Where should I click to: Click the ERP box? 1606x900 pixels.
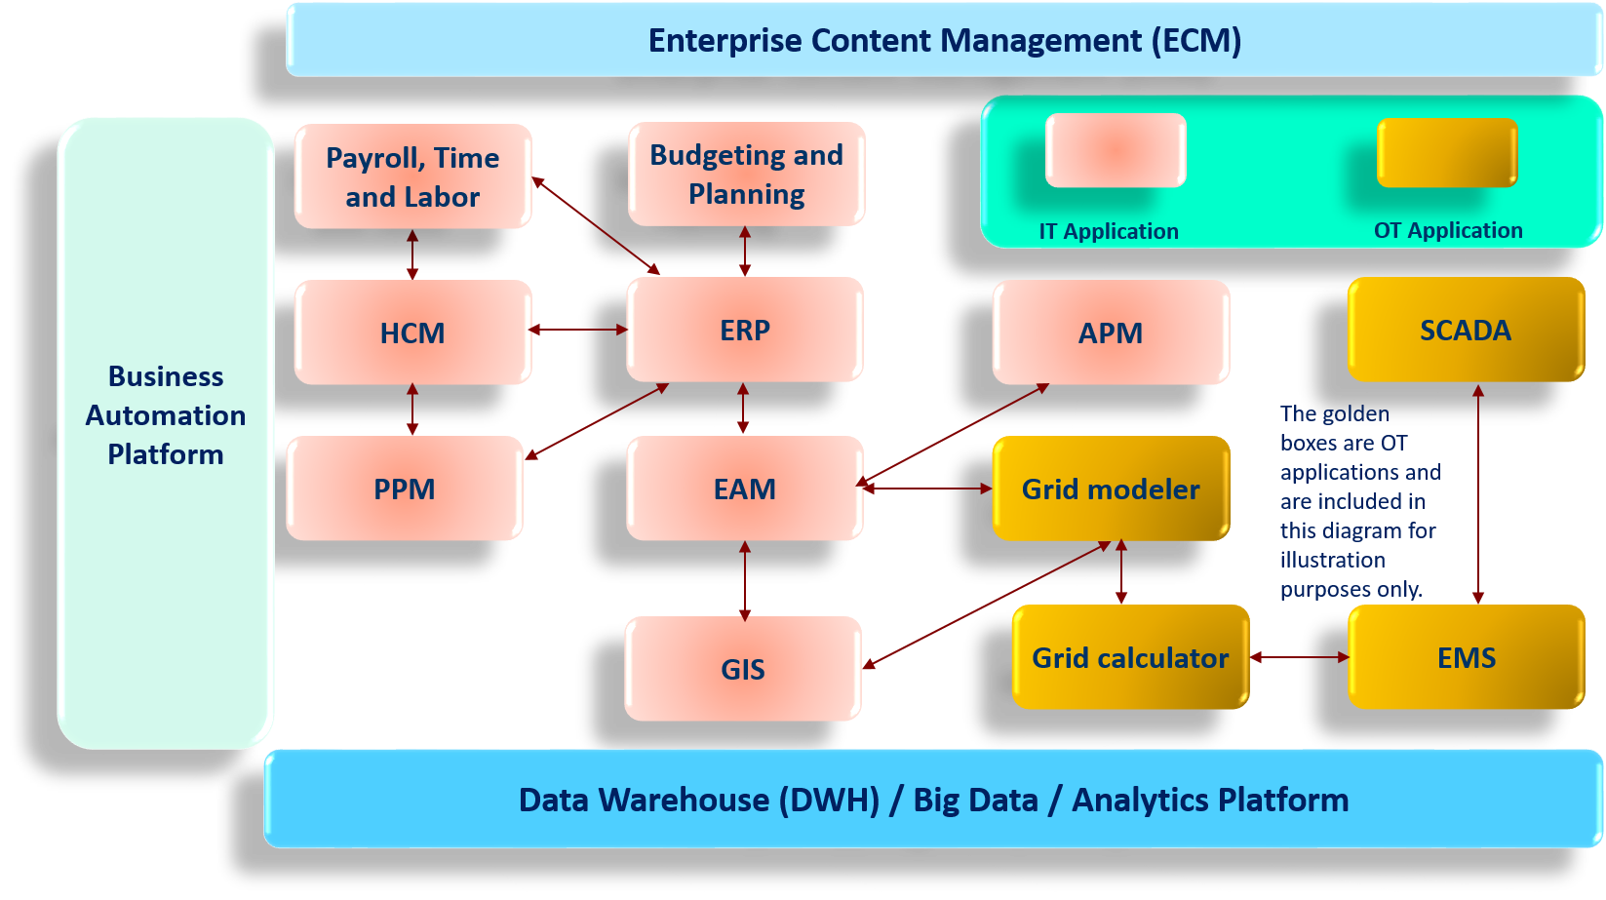745,331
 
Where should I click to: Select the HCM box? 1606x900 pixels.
412,333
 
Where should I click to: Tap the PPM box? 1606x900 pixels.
405,489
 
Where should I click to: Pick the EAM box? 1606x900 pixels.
745,489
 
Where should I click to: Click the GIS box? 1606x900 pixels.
743,670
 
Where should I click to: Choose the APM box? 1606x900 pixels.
1111,333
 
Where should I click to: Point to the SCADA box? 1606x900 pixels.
1466,331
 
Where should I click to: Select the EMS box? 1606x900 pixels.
1466,658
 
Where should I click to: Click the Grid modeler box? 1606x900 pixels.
1111,489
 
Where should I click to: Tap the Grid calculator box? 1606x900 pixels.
1130,658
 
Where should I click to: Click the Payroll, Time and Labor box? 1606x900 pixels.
412,176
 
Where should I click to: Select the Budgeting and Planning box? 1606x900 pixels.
746,175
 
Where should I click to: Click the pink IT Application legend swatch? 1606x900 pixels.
1116,150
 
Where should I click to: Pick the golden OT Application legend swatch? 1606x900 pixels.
1447,152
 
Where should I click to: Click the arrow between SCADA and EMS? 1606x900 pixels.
1478,493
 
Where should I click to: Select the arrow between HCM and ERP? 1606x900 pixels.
579,330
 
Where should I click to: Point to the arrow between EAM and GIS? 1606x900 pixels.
745,580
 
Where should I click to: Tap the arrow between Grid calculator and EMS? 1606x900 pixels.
1299,657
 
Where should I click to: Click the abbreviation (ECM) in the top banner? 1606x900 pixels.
1195,41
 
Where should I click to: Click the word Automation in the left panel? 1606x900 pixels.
166,415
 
